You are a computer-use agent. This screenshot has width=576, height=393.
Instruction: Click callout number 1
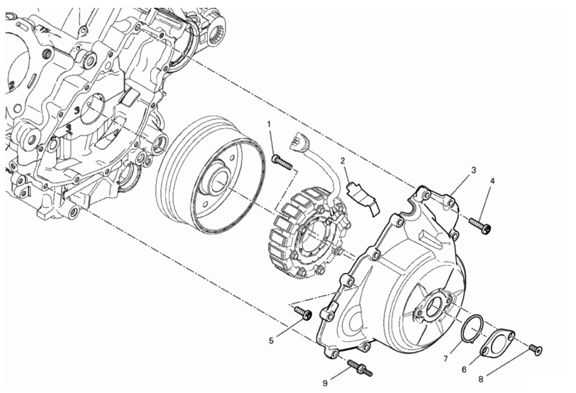pos(269,124)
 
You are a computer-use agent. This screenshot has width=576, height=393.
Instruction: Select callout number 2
pos(342,161)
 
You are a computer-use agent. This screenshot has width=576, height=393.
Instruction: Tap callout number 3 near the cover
pos(474,170)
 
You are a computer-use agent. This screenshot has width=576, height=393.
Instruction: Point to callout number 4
pos(492,180)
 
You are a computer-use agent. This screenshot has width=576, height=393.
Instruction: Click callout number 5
pos(271,341)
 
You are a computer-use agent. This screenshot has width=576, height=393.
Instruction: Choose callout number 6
pos(464,370)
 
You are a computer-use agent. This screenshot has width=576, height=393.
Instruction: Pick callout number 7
pos(445,358)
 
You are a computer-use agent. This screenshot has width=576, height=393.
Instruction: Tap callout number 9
pos(325,384)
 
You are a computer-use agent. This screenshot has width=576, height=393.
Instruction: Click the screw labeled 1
pos(282,162)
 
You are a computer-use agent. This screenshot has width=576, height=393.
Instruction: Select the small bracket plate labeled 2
pos(362,197)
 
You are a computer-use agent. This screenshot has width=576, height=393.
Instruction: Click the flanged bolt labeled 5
pos(304,313)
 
